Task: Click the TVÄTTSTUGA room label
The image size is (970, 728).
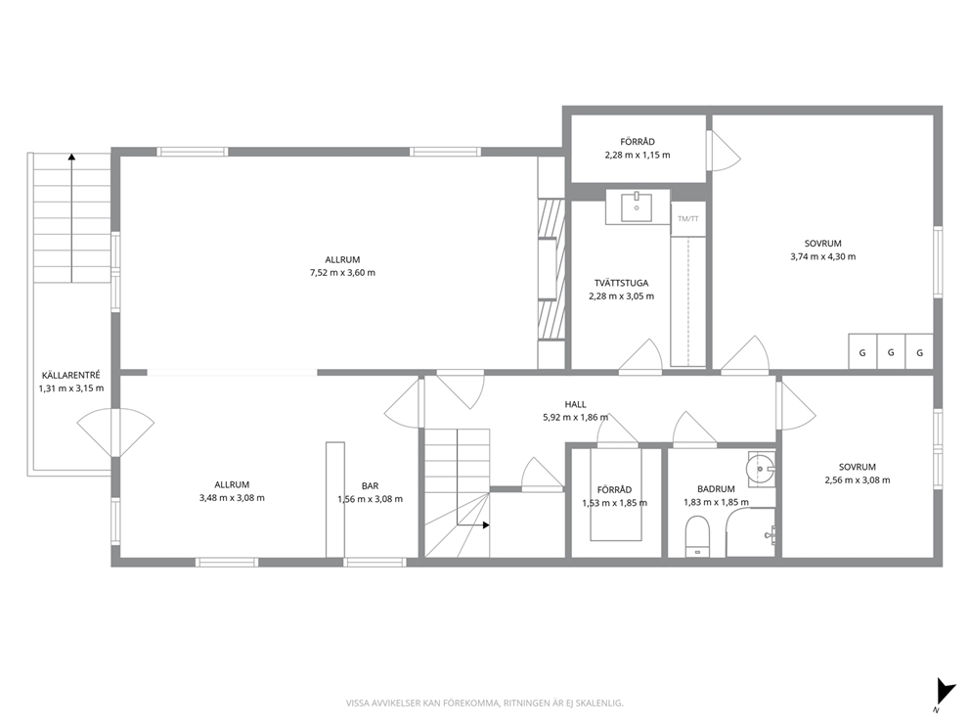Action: (x=621, y=283)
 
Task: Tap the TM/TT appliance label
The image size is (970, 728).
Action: (x=688, y=218)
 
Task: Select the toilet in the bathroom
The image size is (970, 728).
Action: (x=697, y=536)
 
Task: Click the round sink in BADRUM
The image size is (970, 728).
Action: (x=761, y=468)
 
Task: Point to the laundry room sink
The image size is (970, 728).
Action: (x=637, y=207)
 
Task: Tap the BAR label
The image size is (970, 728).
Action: (x=370, y=486)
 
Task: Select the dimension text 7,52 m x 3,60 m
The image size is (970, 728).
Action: (x=342, y=272)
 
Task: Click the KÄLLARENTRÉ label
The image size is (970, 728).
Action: (x=71, y=375)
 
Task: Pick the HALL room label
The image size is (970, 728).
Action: (x=575, y=404)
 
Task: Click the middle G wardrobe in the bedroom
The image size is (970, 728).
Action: (x=891, y=352)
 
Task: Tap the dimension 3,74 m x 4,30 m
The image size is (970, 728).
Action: (x=822, y=256)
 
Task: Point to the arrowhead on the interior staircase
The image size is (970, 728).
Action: (x=486, y=524)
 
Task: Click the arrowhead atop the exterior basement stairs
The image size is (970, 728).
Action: (x=71, y=157)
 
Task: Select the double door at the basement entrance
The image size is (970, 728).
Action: (x=115, y=432)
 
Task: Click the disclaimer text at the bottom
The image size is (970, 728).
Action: (x=484, y=704)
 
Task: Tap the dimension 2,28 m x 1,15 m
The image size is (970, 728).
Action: (x=638, y=155)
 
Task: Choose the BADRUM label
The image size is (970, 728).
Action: (x=716, y=489)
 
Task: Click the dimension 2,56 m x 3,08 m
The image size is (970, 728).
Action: (x=858, y=479)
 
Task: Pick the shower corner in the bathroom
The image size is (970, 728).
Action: (x=750, y=532)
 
